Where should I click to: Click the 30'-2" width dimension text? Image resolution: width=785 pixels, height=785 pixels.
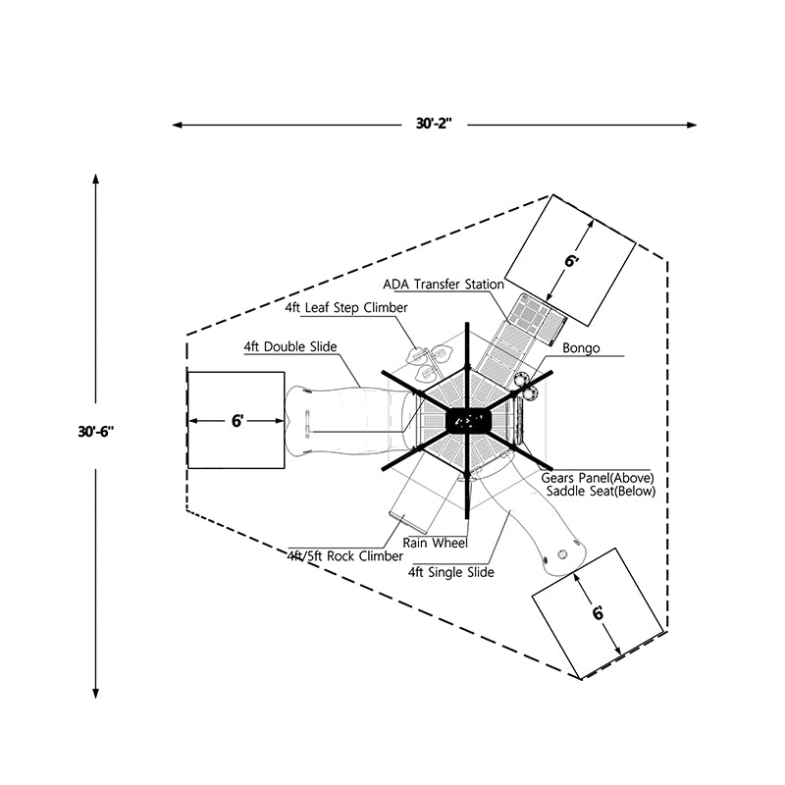pos(434,125)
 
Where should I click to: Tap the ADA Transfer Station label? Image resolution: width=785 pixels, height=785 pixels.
pos(443,285)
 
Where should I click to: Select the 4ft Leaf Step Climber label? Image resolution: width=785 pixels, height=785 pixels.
pos(346,307)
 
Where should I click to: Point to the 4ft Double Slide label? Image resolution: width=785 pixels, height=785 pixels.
pos(290,346)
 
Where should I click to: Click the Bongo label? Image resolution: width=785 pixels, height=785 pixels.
pos(581,348)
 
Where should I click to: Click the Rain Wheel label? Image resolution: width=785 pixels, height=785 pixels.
pos(436,543)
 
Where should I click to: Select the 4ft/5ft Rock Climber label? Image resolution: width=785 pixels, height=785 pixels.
pos(332,555)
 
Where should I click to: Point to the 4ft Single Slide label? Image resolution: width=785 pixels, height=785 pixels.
pos(450,572)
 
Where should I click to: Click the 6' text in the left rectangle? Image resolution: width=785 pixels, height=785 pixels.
pos(237,421)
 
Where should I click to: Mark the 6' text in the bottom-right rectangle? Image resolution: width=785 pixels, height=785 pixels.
pos(598,613)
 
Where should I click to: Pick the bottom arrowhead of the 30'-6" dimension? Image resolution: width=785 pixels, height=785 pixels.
pos(95,689)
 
